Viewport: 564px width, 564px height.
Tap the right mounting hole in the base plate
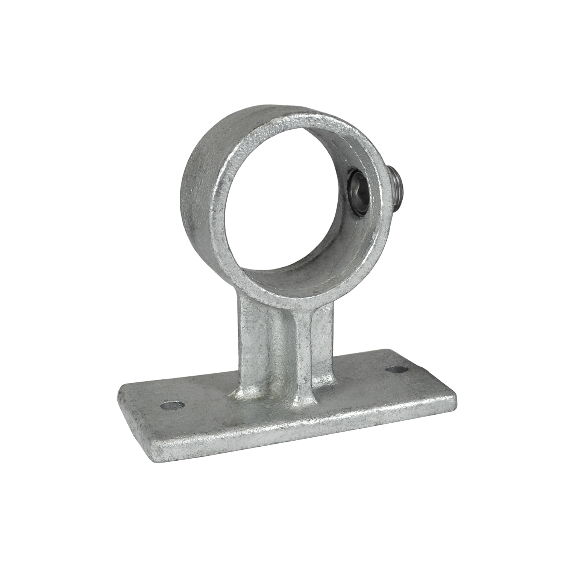(x=398, y=370)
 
